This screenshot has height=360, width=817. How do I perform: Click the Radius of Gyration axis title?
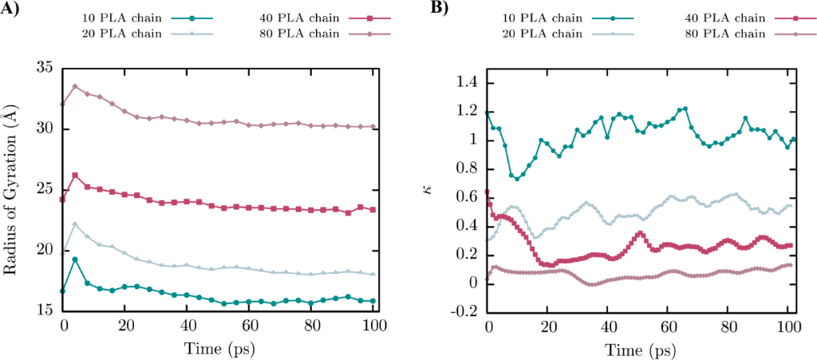pos(11,192)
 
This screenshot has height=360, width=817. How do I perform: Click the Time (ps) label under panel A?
pos(219,348)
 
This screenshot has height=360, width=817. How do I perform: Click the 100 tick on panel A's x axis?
pos(374,326)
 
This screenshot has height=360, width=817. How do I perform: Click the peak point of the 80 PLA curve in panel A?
pos(75,86)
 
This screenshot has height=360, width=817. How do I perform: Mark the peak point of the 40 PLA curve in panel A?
pos(75,175)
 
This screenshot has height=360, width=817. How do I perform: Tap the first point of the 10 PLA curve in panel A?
pos(63,291)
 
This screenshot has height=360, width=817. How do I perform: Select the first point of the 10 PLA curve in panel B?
pos(487,113)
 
